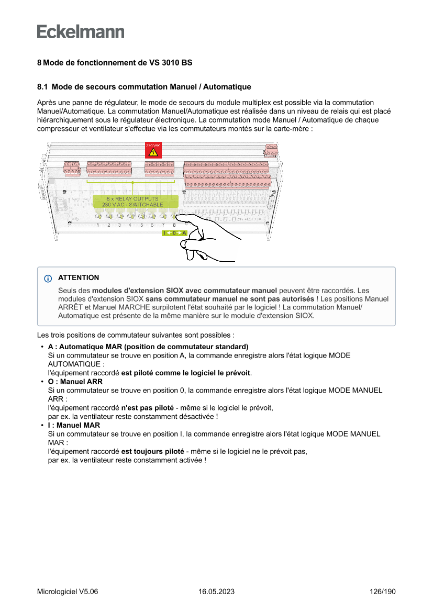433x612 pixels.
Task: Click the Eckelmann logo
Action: (81, 32)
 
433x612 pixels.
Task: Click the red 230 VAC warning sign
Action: (153, 150)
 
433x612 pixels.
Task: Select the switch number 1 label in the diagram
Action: (98, 225)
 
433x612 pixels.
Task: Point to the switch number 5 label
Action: (141, 225)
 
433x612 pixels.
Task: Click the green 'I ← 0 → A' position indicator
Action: (174, 233)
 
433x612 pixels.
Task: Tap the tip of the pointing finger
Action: (180, 216)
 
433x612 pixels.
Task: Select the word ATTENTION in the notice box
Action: (79, 278)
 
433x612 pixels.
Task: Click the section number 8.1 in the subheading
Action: (42, 86)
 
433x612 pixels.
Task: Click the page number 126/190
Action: (383, 592)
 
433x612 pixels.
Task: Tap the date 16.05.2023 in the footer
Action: (216, 592)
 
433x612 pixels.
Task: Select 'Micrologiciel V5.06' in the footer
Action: (68, 592)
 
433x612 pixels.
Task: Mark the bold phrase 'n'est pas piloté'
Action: (147, 407)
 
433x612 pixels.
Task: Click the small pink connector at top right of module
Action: (271, 150)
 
